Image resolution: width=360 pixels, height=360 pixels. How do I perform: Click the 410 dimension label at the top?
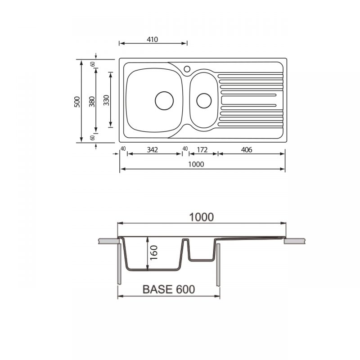(x=153, y=40)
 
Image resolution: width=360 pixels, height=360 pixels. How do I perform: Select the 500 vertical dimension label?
(x=77, y=102)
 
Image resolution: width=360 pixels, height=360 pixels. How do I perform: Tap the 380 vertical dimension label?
(x=92, y=102)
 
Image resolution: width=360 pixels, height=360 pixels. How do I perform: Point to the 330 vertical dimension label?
(x=106, y=100)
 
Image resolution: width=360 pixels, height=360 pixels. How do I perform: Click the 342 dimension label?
(x=153, y=150)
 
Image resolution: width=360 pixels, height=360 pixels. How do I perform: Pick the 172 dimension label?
(x=202, y=150)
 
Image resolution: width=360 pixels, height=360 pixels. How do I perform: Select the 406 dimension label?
(x=247, y=150)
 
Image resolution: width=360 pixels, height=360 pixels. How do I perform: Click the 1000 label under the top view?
(x=196, y=164)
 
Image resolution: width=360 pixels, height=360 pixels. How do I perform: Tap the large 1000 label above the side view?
(x=202, y=217)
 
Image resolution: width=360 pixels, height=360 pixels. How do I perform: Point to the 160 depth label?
(x=154, y=252)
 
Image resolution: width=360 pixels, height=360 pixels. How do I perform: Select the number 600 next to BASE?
(x=185, y=289)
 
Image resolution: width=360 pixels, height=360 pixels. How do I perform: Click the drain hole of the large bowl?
(x=164, y=100)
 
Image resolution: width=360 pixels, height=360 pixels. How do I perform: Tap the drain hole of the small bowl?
(x=204, y=100)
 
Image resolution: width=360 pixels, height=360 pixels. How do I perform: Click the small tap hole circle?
(x=187, y=69)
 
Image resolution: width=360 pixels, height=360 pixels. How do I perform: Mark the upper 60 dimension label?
(x=93, y=64)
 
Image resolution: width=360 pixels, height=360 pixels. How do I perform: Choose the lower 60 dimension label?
(x=93, y=138)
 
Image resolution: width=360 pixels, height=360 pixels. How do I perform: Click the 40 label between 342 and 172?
(x=185, y=148)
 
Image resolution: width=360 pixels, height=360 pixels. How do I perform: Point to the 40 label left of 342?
(x=123, y=148)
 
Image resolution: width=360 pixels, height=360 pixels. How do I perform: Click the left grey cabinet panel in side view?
(x=119, y=264)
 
